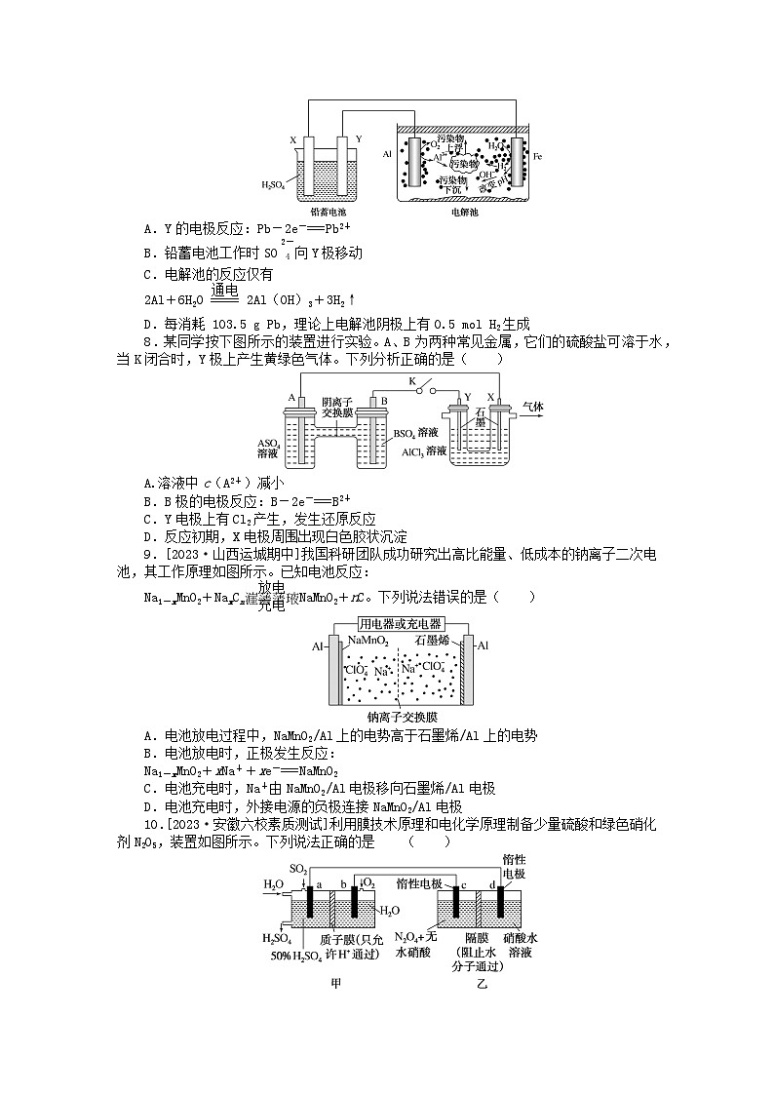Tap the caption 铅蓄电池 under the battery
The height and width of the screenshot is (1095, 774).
(329, 211)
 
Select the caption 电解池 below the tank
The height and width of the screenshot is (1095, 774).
(465, 211)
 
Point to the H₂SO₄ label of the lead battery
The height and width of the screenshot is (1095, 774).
(274, 182)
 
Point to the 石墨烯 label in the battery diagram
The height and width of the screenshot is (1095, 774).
(433, 641)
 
